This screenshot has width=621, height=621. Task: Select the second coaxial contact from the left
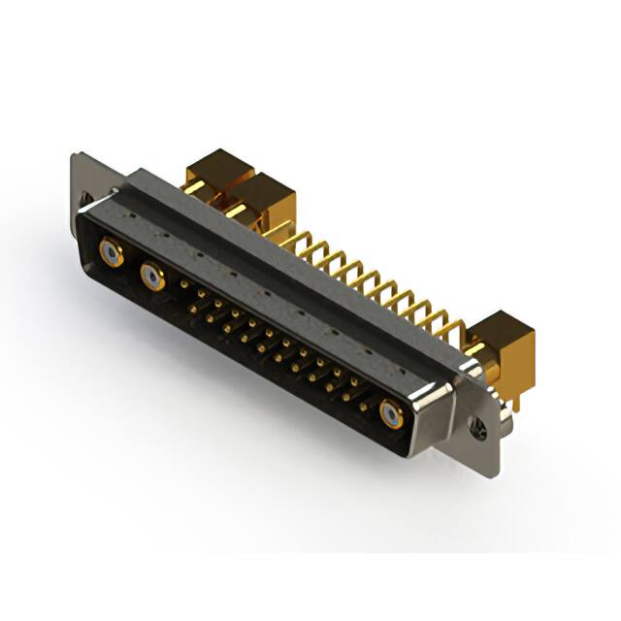click(152, 279)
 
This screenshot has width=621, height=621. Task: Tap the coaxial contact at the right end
click(391, 416)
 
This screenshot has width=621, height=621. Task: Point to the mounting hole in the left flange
click(85, 205)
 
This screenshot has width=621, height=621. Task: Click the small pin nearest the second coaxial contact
click(184, 284)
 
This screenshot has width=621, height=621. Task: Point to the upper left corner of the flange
click(75, 155)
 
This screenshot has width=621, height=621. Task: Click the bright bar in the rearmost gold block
click(195, 185)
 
